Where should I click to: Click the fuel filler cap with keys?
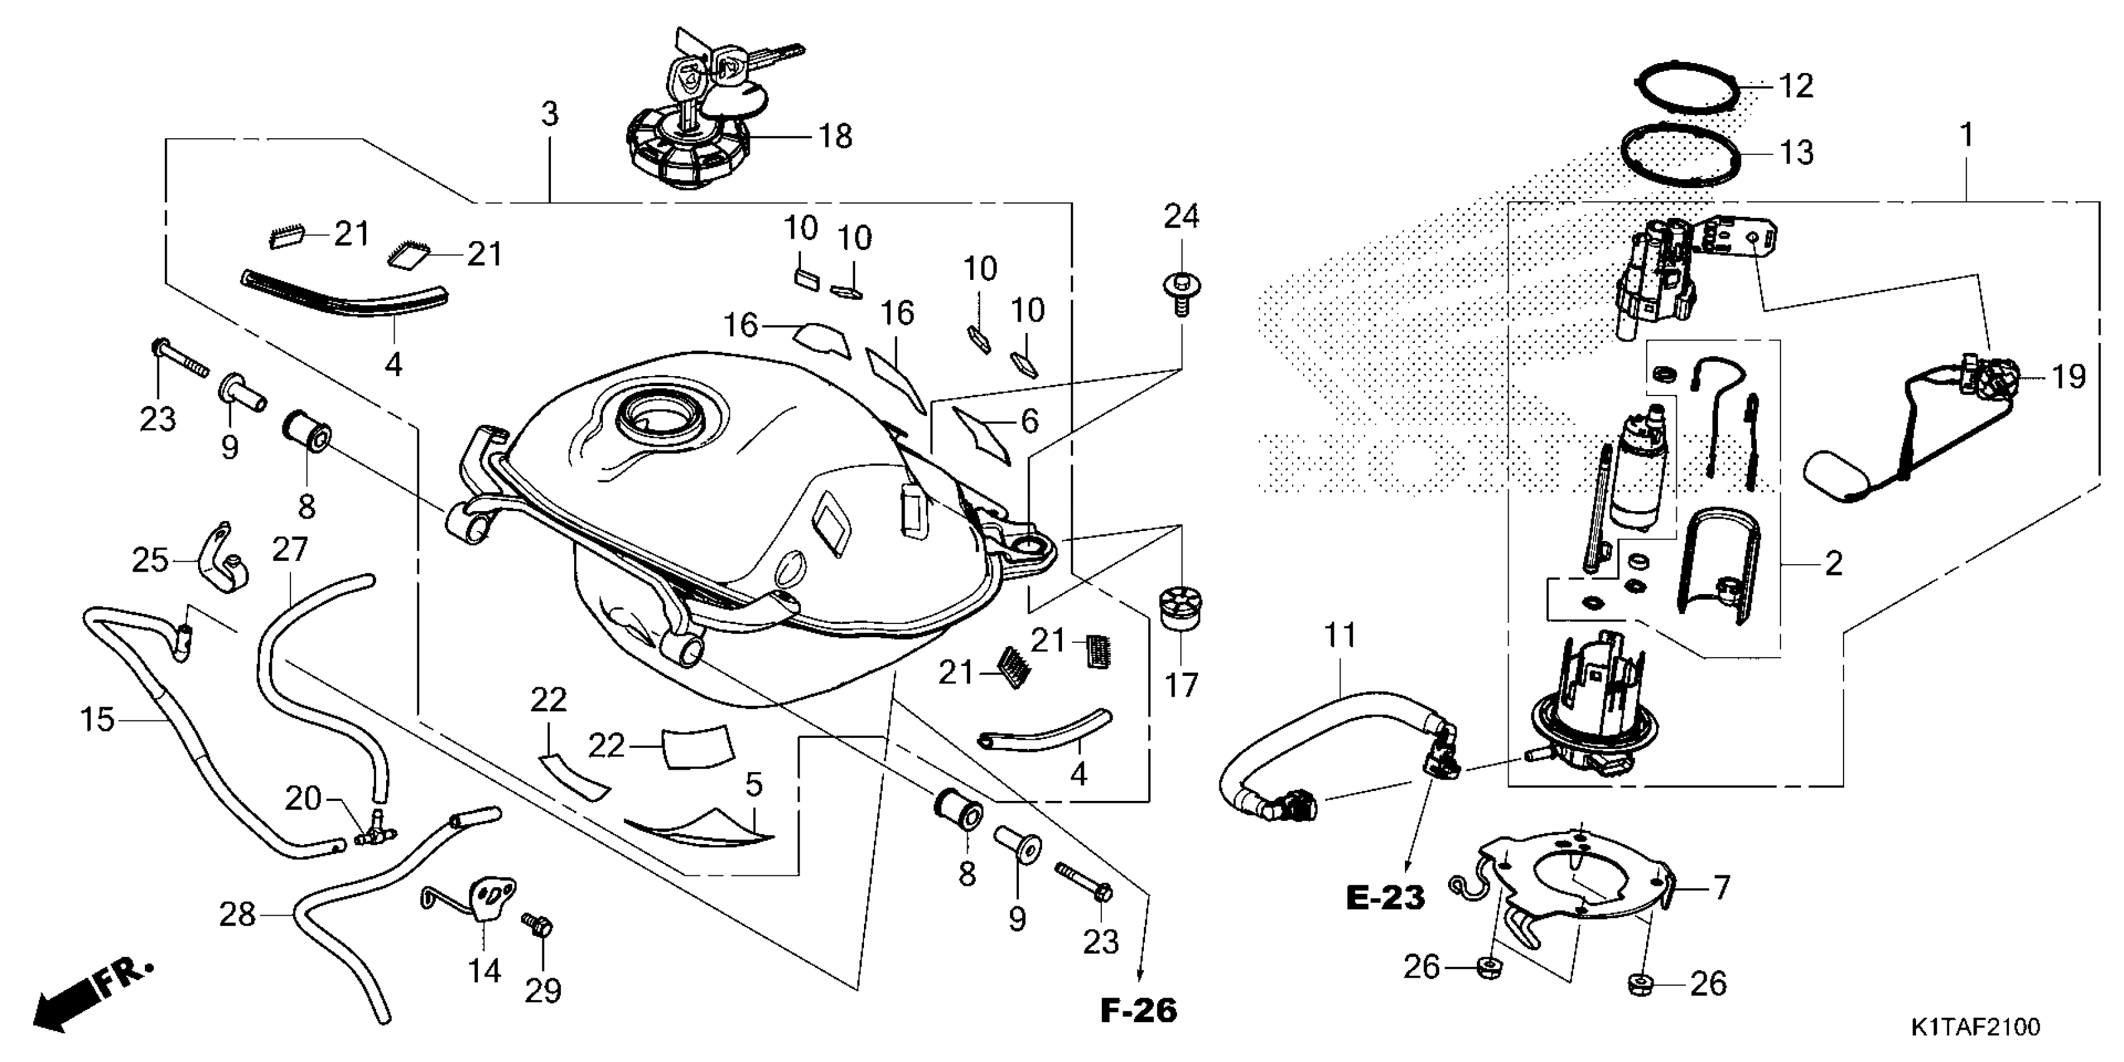point(688,149)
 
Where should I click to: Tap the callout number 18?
point(835,137)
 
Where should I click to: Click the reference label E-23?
point(1385,898)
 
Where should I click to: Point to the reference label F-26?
point(1139,1010)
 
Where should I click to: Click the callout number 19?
point(2067,377)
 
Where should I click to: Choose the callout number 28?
point(237,915)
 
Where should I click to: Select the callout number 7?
point(1721,888)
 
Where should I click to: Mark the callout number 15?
point(96,720)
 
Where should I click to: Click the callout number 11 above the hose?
point(1340,636)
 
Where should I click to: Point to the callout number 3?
point(550,114)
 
